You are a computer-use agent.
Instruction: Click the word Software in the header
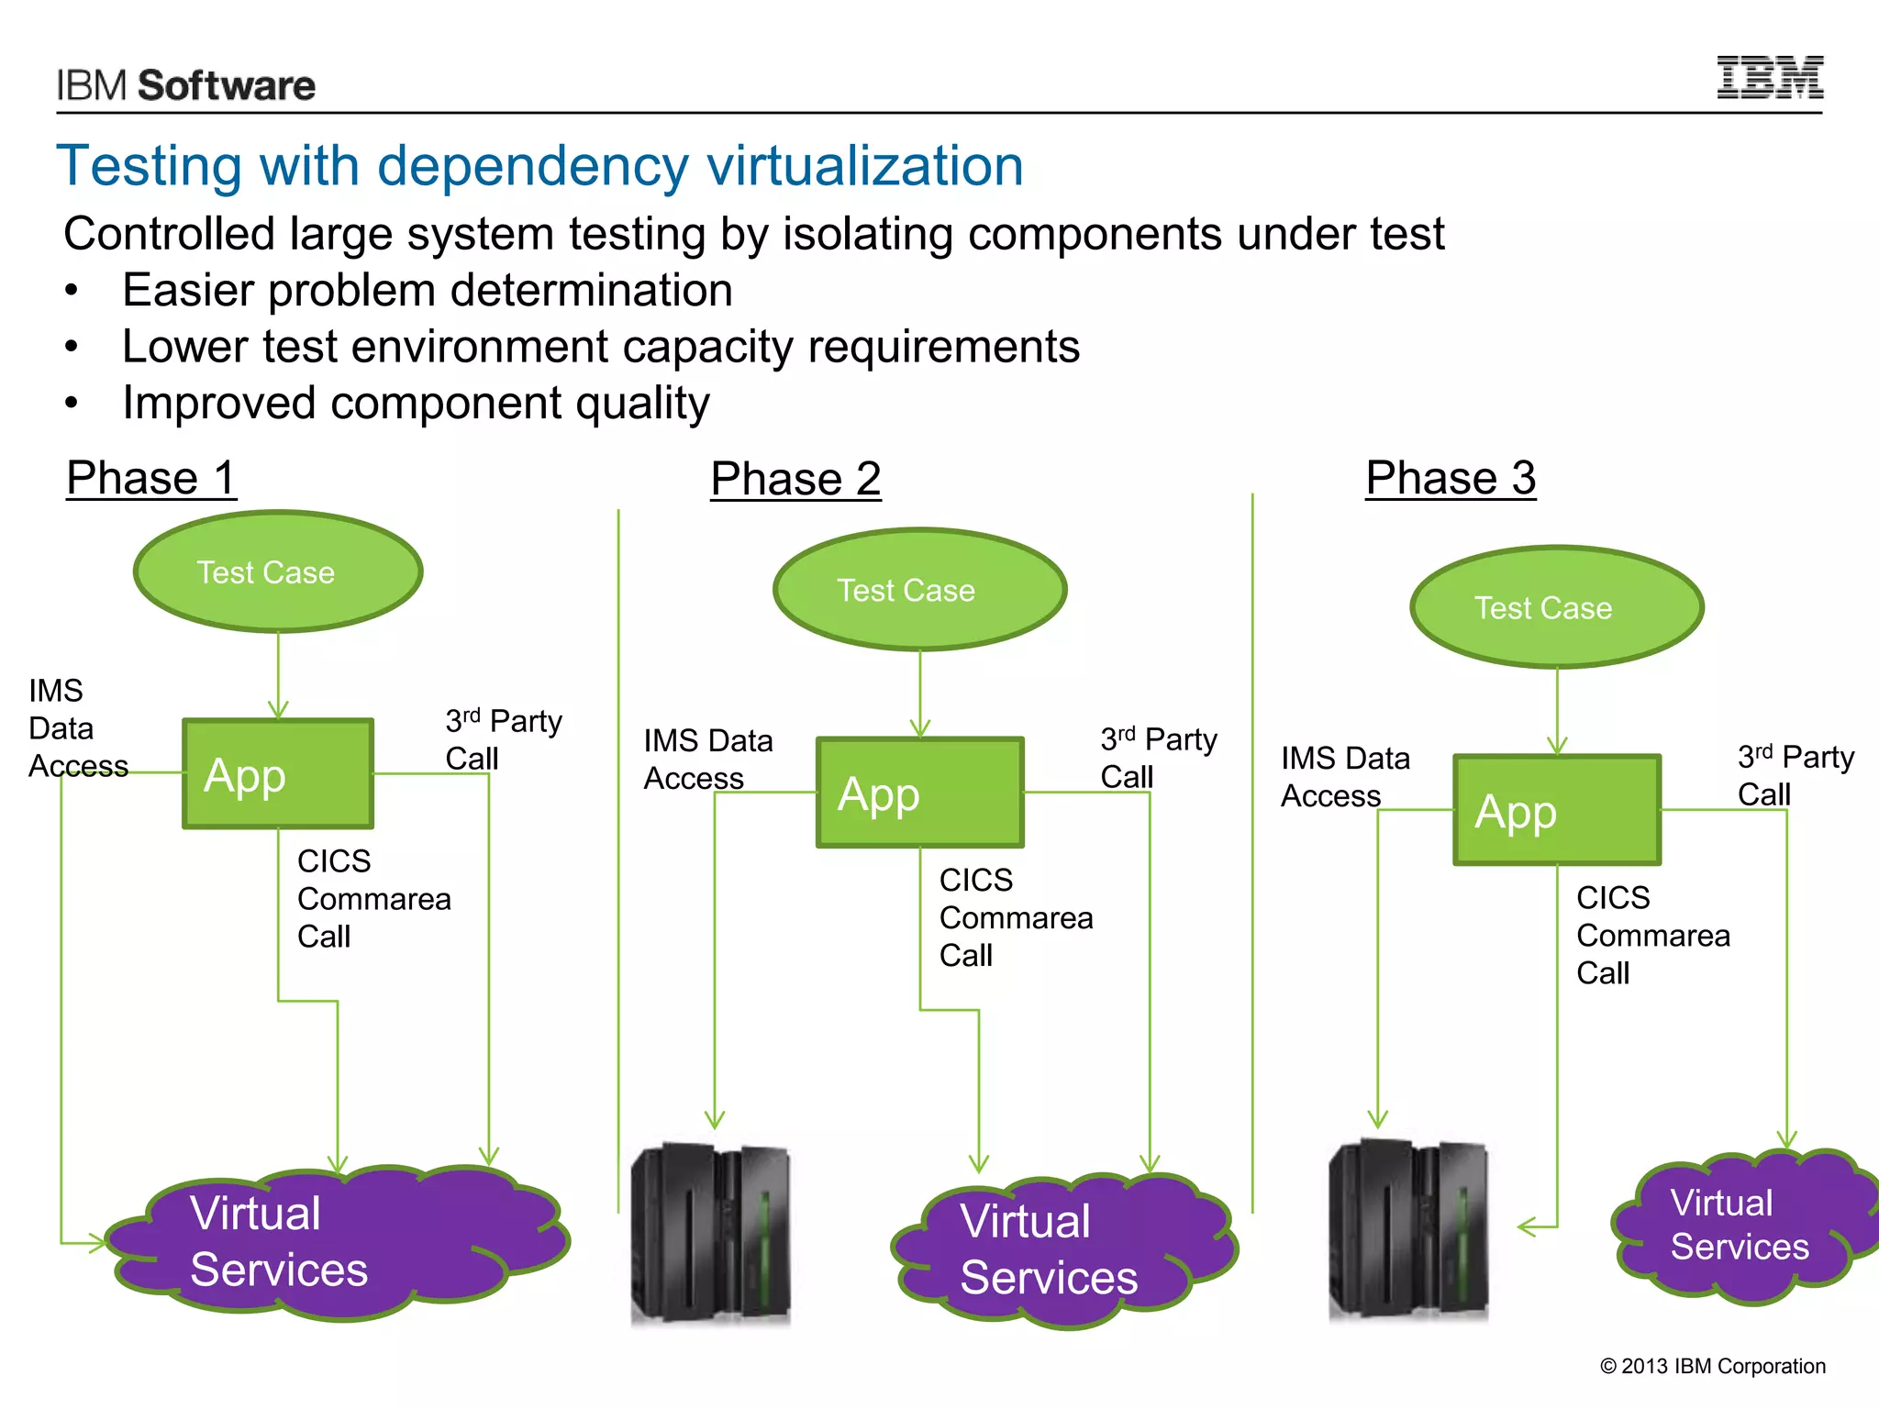click(226, 85)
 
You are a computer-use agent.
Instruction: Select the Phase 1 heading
click(151, 478)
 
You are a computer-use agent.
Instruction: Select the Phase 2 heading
click(795, 479)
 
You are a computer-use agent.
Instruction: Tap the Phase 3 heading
click(1450, 478)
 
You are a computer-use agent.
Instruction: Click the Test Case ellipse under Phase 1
click(277, 572)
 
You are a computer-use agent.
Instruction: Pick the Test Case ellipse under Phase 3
click(1556, 607)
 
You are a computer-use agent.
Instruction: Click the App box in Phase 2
click(919, 793)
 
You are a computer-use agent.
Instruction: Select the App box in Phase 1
click(277, 774)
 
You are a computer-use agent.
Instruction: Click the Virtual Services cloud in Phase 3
click(1743, 1226)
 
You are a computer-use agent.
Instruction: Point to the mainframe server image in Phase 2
click(711, 1234)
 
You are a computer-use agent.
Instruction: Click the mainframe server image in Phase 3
click(1408, 1229)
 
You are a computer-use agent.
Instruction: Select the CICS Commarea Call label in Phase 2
click(1015, 917)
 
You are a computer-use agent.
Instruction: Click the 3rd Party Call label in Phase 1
click(503, 739)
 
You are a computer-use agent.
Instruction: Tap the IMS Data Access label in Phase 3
click(1344, 776)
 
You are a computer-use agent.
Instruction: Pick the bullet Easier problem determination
click(427, 290)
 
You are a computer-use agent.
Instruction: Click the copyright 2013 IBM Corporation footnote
click(1712, 1366)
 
